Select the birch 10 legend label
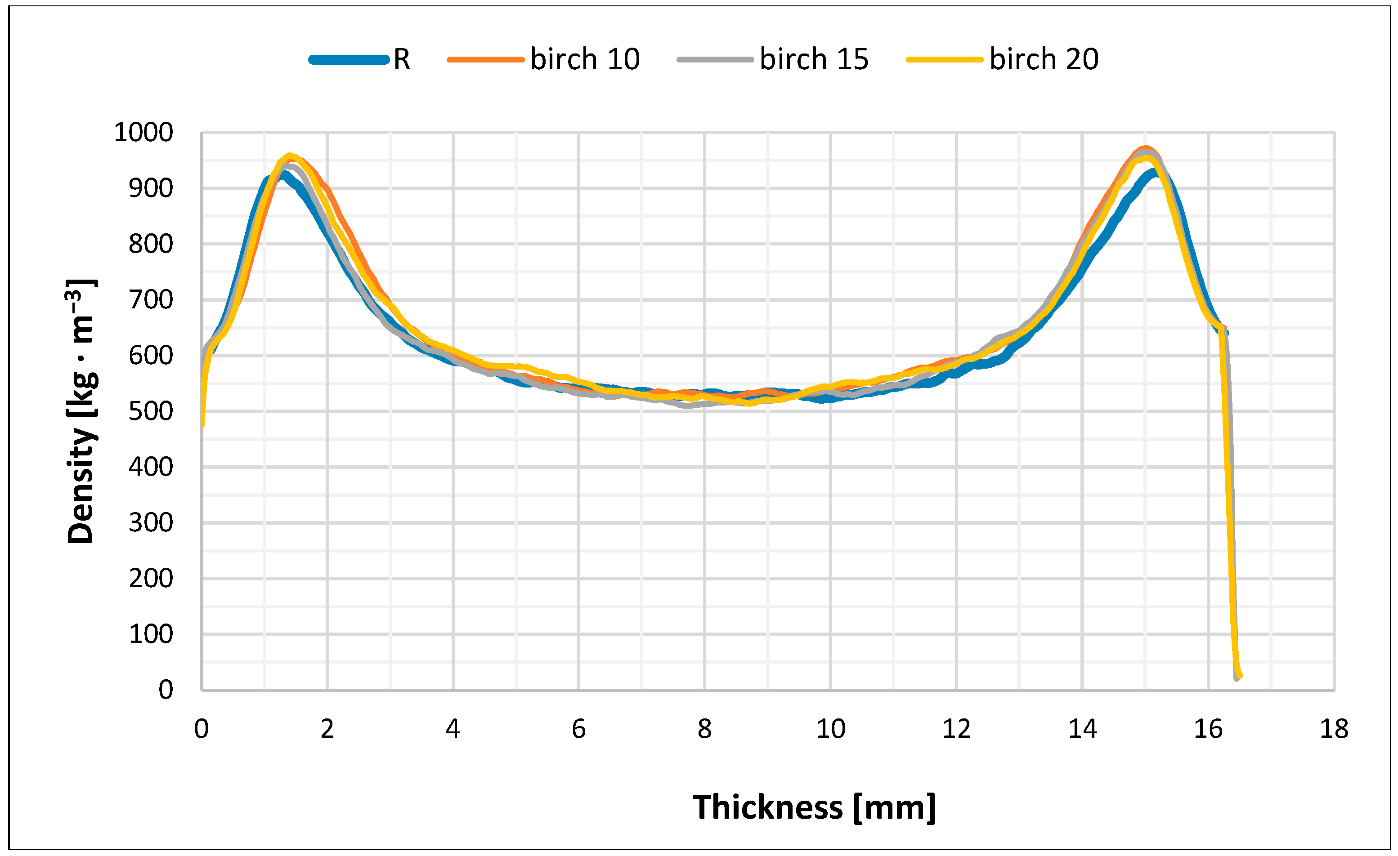(585, 59)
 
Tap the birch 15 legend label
(814, 59)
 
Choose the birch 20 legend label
(1044, 59)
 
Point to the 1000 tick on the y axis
(143, 133)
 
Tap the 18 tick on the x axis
(1334, 729)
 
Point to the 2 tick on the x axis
(327, 729)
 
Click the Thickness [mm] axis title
(814, 807)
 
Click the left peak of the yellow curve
(289, 156)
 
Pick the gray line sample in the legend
(715, 59)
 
